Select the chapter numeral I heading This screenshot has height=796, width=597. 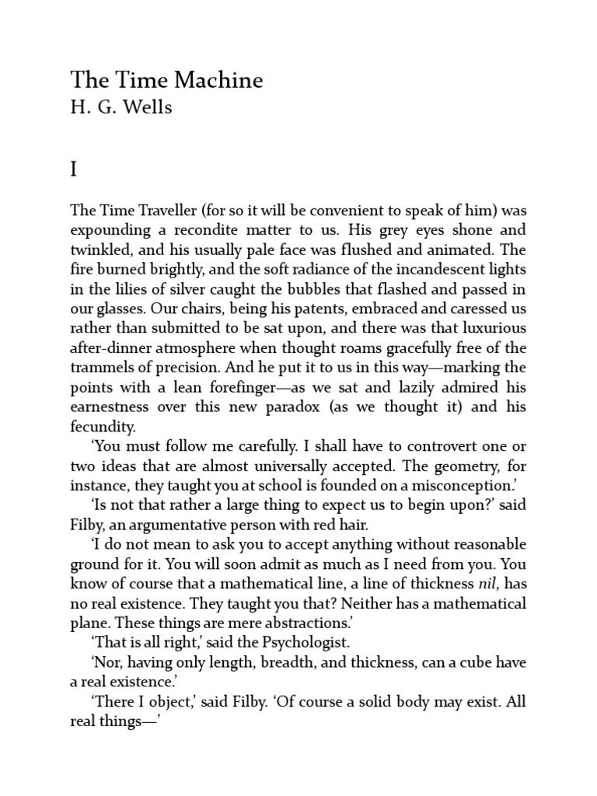click(x=75, y=169)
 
